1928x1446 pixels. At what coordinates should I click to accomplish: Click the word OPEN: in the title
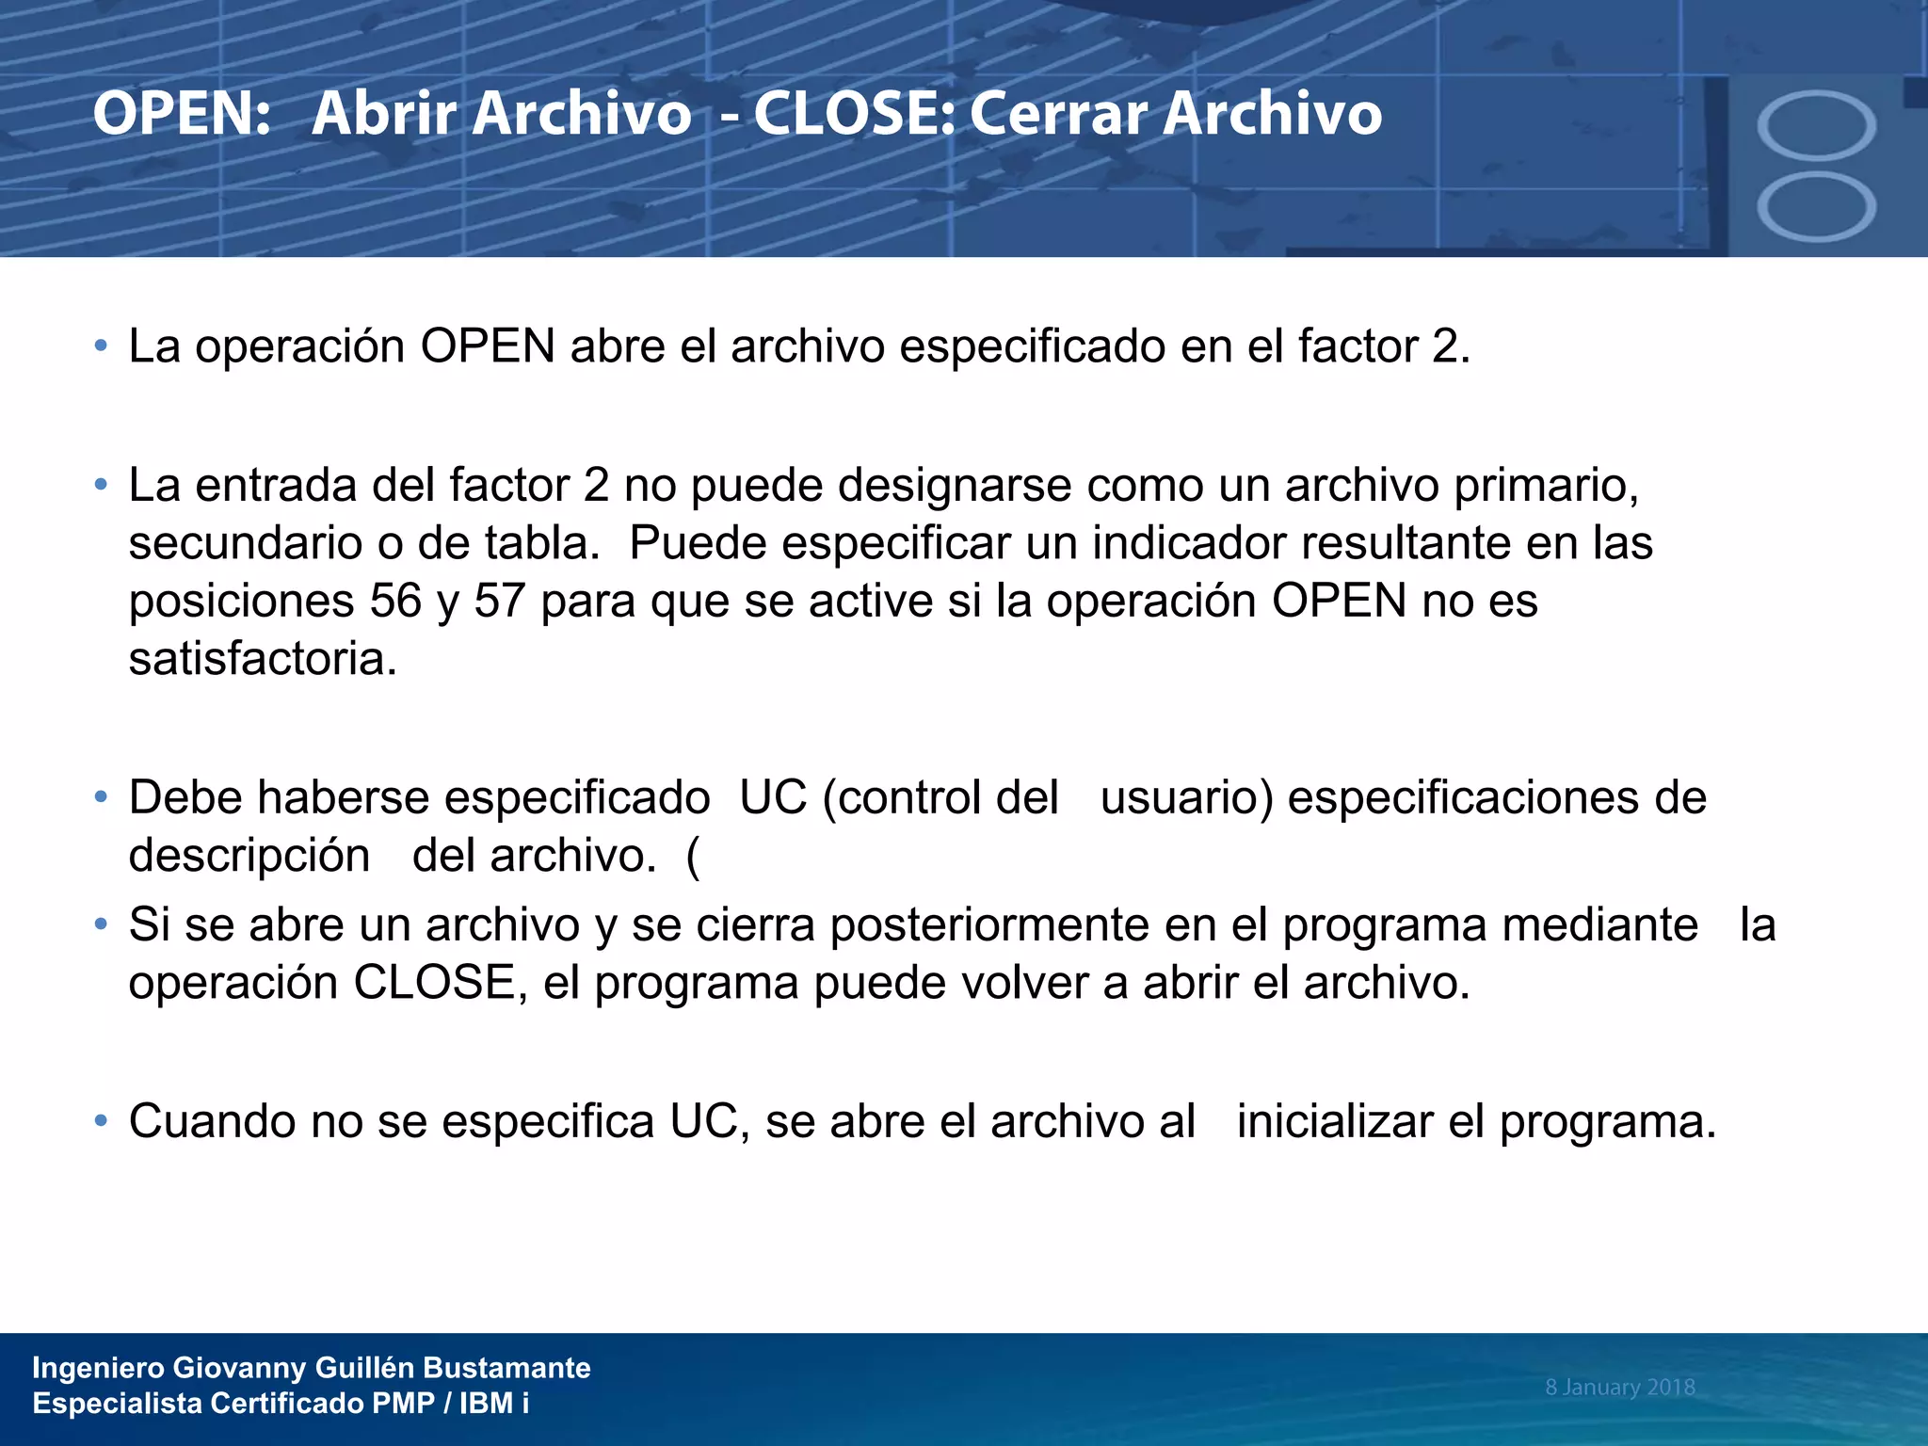[182, 114]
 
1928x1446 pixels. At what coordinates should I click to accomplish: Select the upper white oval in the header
[1816, 125]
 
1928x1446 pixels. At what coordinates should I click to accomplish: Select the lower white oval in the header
[1816, 207]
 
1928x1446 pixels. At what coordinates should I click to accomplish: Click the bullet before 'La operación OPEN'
[101, 345]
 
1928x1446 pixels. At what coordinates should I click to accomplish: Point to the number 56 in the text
[395, 601]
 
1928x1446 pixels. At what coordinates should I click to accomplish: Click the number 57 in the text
[499, 601]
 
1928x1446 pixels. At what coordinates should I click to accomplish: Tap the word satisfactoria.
[263, 659]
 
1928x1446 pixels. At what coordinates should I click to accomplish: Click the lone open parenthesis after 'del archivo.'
[694, 856]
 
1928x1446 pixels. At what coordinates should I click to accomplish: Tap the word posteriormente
[989, 924]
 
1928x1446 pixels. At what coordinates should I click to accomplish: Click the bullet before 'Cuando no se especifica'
[101, 1121]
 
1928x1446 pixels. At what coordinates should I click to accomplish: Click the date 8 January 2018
[1619, 1387]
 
